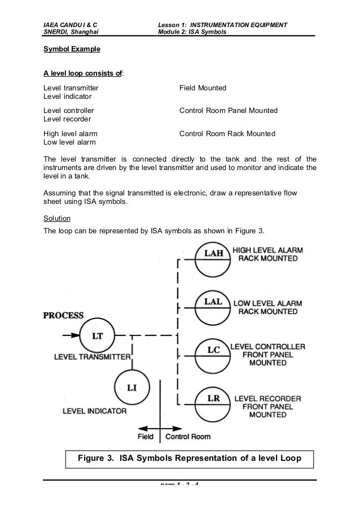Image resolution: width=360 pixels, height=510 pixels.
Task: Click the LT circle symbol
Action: coord(98,336)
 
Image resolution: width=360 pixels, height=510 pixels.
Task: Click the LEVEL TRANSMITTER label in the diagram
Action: coord(93,357)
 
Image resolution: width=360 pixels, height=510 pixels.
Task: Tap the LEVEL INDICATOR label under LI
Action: coord(95,411)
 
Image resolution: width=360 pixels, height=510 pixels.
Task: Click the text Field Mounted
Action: coord(203,88)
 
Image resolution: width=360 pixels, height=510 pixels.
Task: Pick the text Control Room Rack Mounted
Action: coord(227,134)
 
